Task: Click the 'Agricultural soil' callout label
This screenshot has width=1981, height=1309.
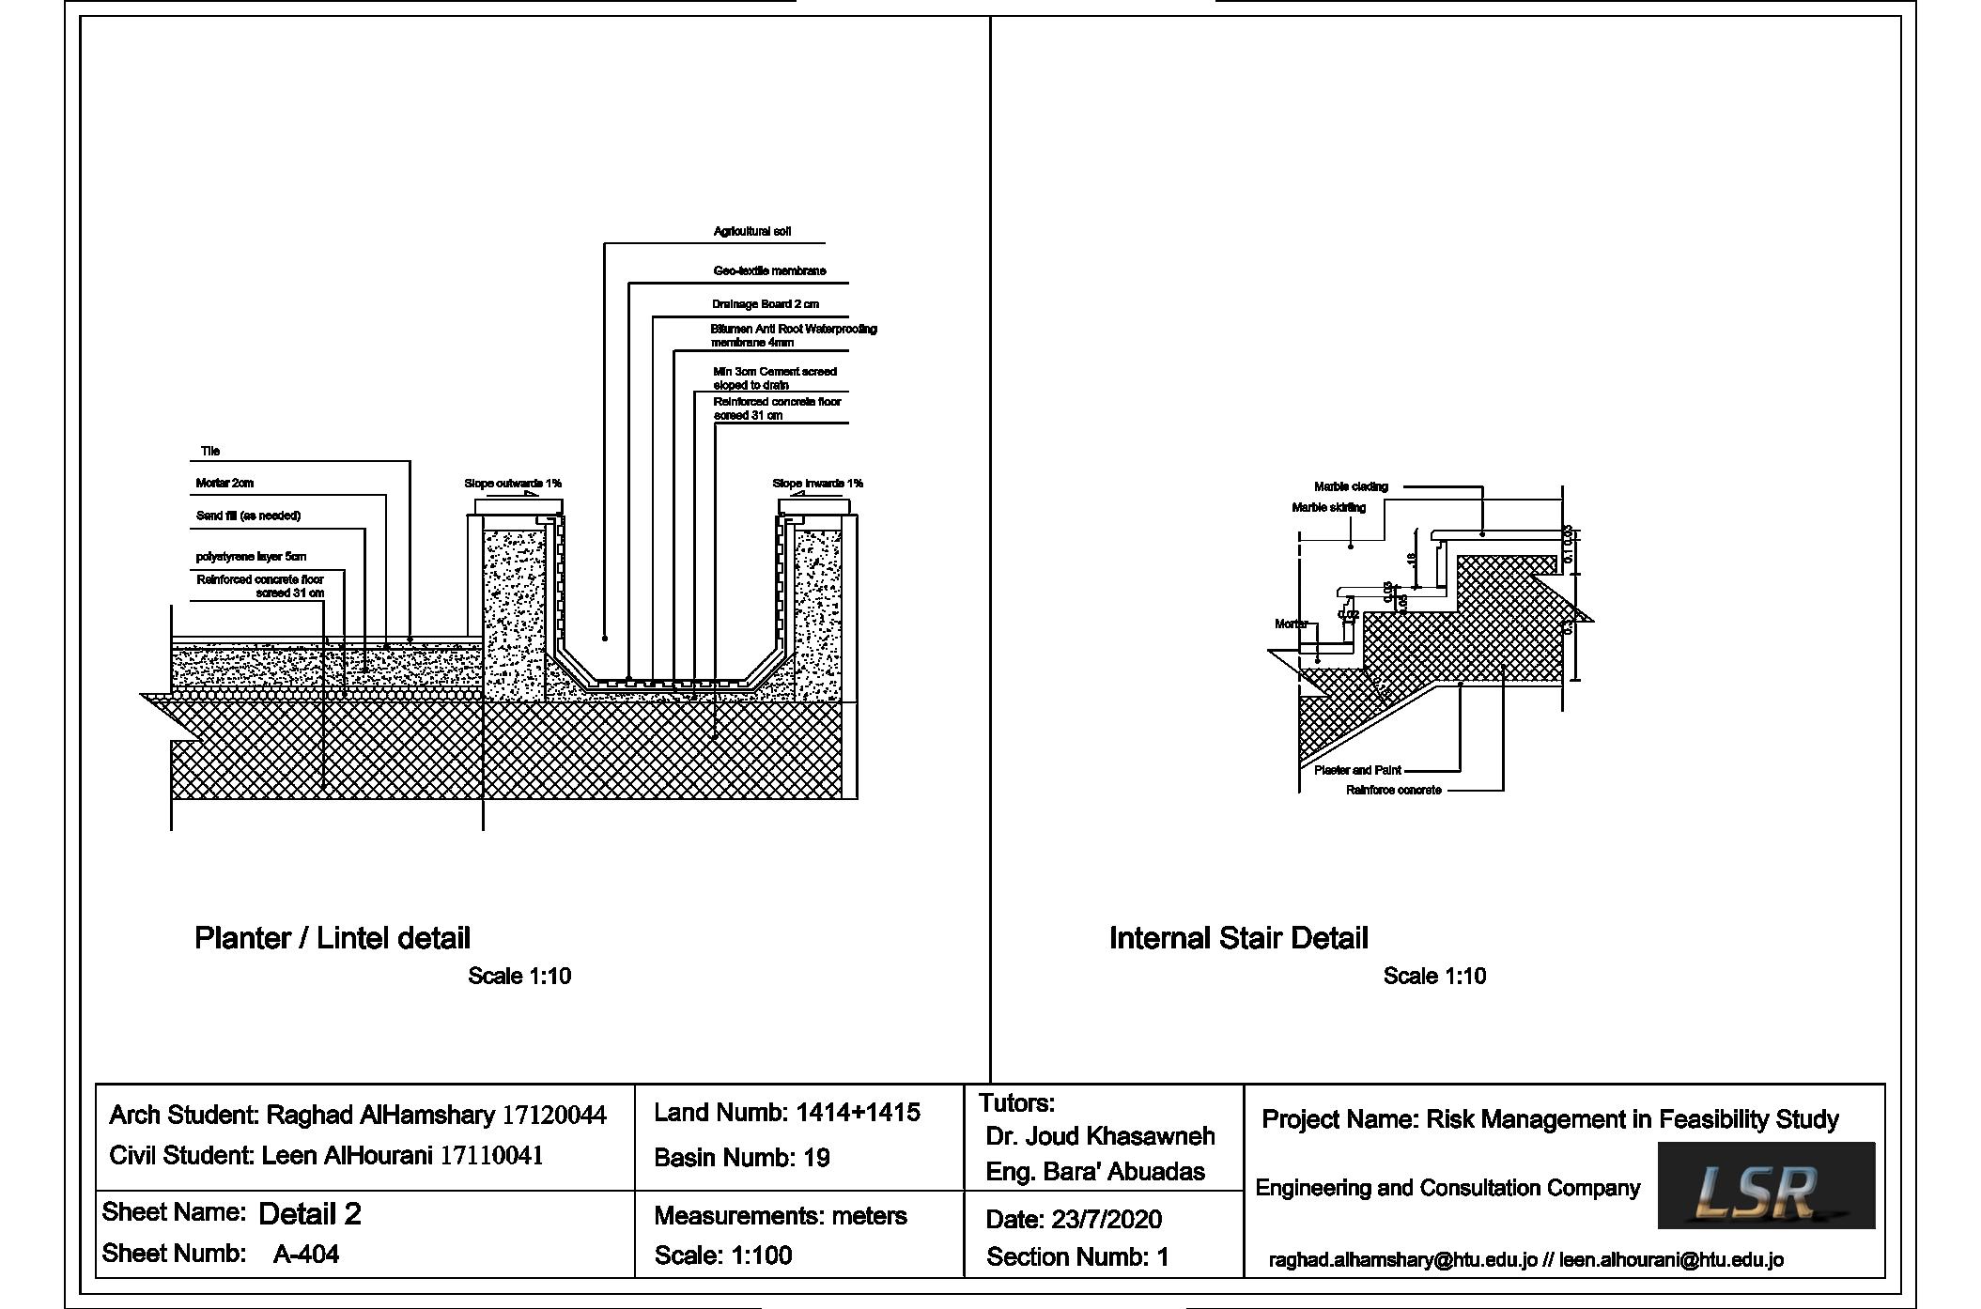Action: (x=751, y=231)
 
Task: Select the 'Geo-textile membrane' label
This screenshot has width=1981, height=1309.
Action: (x=769, y=270)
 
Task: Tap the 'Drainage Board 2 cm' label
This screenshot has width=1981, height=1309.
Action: (x=765, y=304)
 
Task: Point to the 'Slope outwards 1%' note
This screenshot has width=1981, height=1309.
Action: (x=512, y=484)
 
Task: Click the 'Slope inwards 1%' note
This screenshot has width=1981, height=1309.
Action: (x=817, y=484)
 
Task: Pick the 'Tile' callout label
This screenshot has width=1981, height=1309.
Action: (x=210, y=452)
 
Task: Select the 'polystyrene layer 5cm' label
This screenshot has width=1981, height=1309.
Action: (x=251, y=557)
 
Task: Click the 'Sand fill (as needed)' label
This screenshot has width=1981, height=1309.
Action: (x=248, y=516)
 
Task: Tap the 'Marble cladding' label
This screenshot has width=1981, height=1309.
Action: (x=1351, y=486)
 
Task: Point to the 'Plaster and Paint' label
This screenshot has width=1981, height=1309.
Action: (x=1357, y=770)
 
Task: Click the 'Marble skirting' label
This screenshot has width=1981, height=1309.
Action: (x=1328, y=507)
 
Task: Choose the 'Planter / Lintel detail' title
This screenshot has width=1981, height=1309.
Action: (x=332, y=938)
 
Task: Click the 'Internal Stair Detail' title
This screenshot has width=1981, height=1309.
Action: (x=1238, y=938)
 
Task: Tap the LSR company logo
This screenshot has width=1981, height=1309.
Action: (x=1765, y=1185)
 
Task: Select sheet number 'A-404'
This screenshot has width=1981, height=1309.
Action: (x=305, y=1254)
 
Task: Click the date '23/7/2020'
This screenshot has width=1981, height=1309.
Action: (x=1106, y=1219)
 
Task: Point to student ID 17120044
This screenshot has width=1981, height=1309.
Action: (x=554, y=1116)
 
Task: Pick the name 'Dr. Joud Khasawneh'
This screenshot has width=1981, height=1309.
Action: (x=1100, y=1136)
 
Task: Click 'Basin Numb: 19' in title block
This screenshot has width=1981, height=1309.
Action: (x=742, y=1158)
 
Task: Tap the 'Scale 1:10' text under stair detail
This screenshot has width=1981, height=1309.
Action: (x=1434, y=977)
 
